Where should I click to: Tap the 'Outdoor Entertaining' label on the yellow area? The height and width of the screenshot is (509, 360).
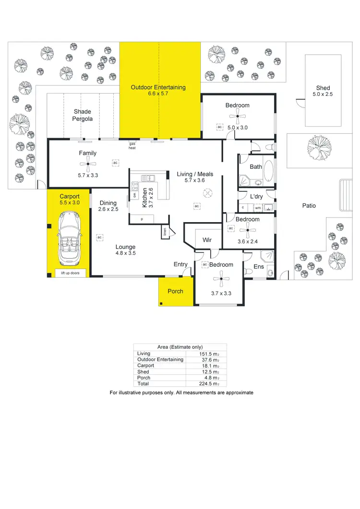[159, 87]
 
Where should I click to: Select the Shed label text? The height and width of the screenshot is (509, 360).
[323, 88]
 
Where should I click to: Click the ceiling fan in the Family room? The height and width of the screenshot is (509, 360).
[87, 166]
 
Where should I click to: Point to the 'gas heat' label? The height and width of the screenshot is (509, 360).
[132, 146]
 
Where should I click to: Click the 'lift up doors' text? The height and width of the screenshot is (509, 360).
[68, 273]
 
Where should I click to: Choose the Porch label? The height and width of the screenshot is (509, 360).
[175, 291]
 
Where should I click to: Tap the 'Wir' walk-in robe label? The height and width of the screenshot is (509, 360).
[208, 240]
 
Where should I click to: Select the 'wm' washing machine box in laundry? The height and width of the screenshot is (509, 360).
[257, 208]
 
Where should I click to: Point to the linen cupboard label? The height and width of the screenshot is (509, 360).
[165, 232]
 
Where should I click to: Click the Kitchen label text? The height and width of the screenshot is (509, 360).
[144, 197]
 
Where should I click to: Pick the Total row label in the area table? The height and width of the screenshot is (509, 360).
[144, 384]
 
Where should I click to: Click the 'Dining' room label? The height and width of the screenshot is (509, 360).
[108, 203]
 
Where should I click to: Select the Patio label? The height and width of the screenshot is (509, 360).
[309, 206]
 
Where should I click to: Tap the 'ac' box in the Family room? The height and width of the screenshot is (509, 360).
[115, 163]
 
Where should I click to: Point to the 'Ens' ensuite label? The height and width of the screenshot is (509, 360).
[258, 266]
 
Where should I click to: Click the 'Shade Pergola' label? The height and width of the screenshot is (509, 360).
[83, 115]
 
